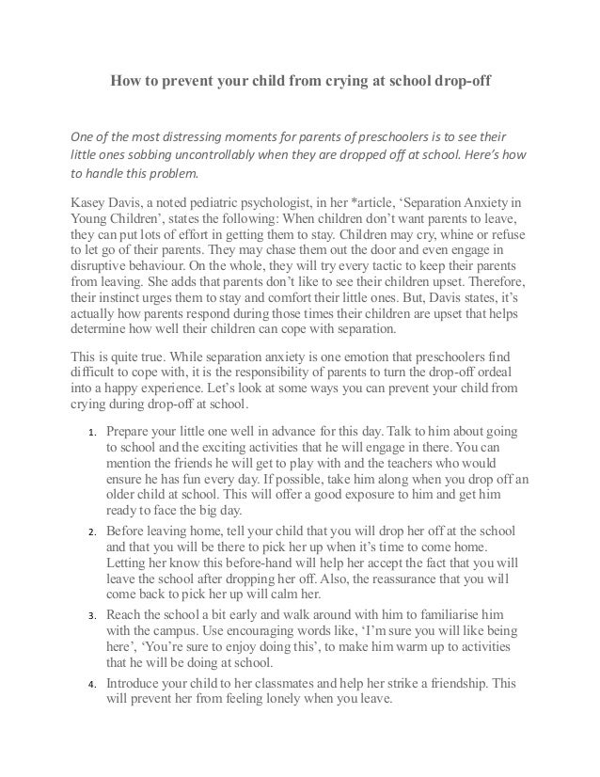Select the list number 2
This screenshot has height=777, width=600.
point(82,531)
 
